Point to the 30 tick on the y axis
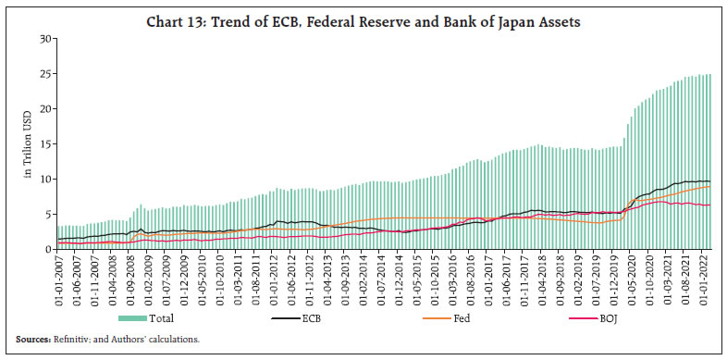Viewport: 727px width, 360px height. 45,39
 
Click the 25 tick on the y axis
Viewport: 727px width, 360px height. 45,74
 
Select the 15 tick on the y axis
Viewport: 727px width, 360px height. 45,144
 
